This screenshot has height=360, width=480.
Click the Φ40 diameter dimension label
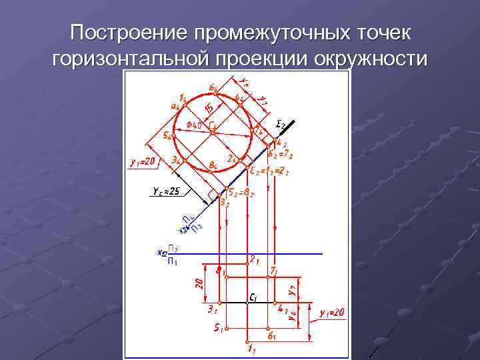[194, 125]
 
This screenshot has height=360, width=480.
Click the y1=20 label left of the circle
[142, 161]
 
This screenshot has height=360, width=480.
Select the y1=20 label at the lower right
[331, 313]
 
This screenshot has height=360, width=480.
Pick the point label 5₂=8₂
[239, 193]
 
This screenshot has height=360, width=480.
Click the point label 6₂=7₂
[281, 155]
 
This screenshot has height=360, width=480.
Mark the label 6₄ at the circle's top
[212, 87]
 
